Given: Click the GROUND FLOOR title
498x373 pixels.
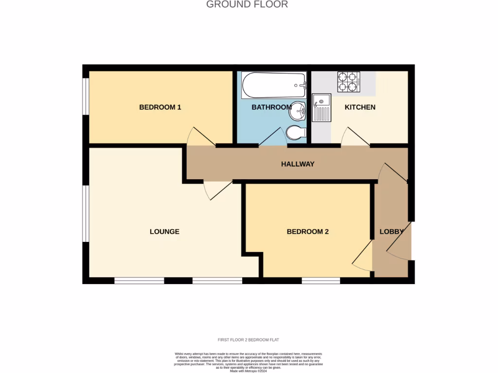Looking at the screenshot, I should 247,4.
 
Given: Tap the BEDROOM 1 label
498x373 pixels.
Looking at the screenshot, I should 160,107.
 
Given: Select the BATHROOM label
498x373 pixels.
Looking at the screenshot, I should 271,107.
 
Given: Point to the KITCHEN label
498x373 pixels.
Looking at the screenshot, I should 360,107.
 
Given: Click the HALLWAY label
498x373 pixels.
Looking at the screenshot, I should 298,164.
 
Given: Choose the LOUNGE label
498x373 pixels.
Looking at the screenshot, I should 164,232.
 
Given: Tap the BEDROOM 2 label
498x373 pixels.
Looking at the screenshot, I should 307,232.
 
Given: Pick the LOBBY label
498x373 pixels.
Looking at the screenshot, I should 391,232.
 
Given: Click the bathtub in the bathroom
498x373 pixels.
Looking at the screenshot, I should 273,85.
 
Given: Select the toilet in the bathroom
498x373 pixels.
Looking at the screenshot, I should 296,132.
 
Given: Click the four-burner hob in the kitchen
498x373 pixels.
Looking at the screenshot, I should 349,82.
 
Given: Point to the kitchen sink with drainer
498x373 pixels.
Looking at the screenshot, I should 321,108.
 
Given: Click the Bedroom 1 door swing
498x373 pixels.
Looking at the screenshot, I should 199,137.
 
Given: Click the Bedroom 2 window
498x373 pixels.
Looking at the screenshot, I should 320,281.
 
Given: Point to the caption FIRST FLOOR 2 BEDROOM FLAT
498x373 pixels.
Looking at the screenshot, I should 248,339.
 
